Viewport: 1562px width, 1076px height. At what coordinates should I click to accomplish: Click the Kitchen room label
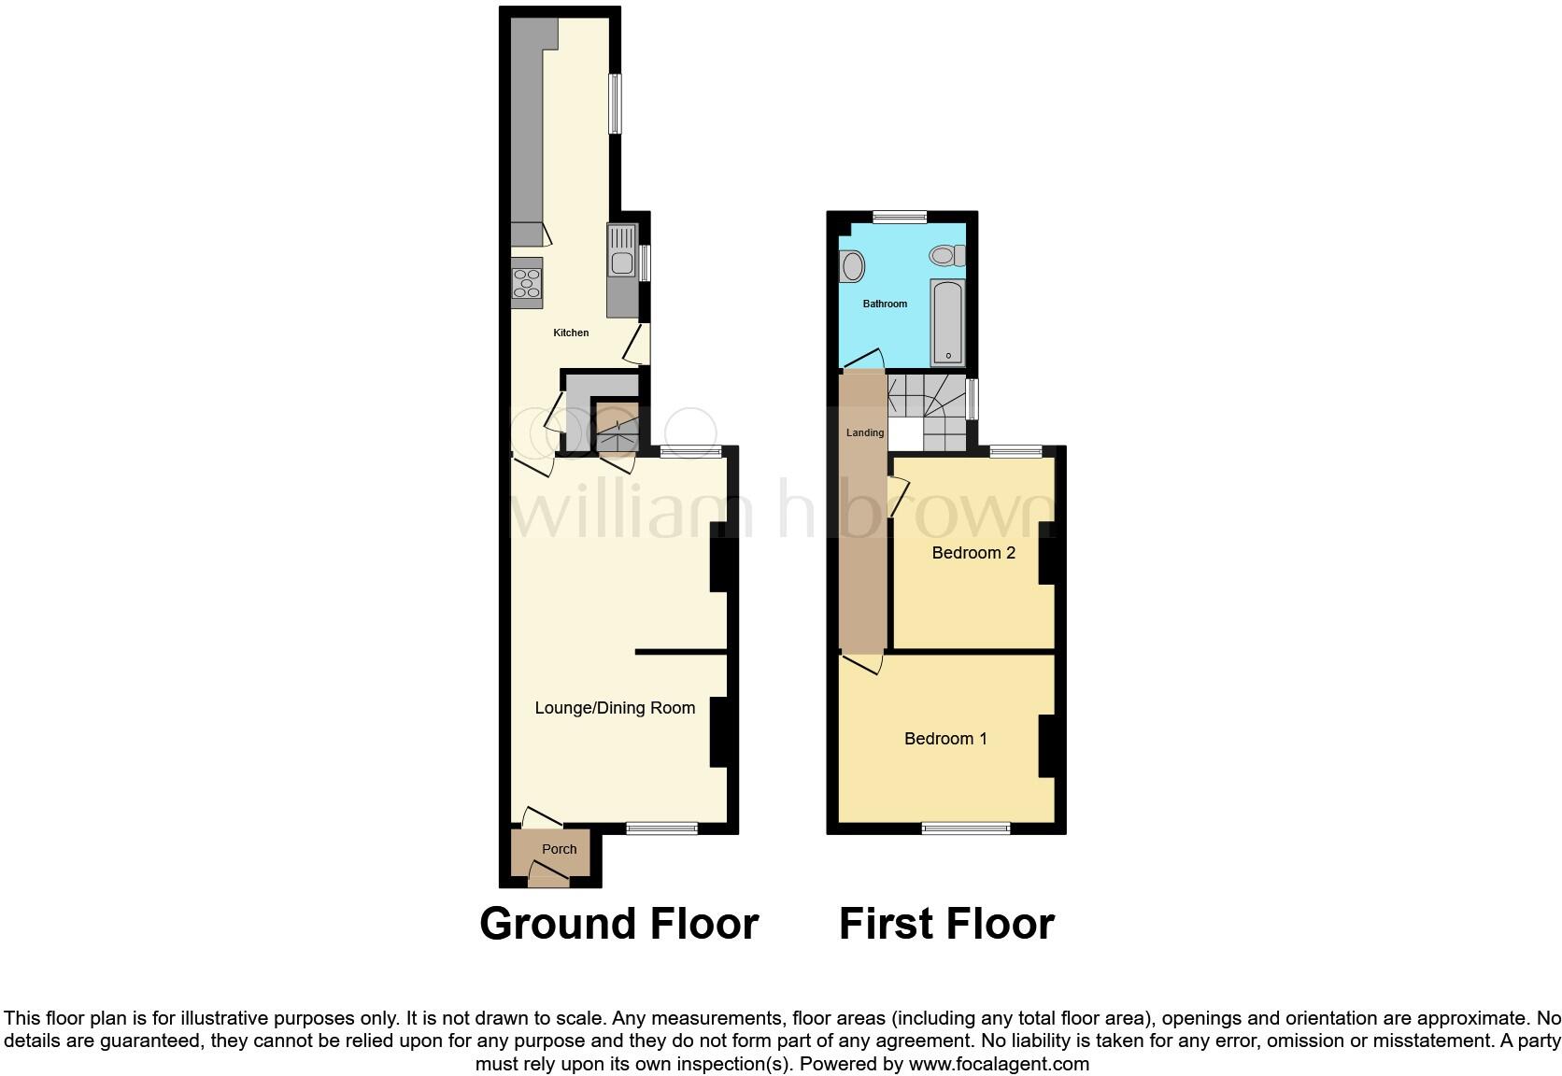(x=571, y=333)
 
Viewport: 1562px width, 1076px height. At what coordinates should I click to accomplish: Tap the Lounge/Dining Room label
(x=615, y=708)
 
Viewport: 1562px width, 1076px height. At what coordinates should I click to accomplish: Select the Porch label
(x=560, y=849)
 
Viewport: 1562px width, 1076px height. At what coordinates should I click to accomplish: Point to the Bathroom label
(x=885, y=304)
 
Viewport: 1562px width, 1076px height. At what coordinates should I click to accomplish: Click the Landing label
(x=865, y=432)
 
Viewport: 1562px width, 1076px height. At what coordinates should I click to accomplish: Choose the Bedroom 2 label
(x=973, y=553)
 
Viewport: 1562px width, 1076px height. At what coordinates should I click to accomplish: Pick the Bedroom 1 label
(x=945, y=739)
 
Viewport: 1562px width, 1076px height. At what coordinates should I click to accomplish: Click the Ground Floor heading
(x=618, y=924)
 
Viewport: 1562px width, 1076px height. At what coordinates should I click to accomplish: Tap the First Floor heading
(x=946, y=924)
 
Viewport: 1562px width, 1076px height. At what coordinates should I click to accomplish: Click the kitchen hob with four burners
(x=527, y=282)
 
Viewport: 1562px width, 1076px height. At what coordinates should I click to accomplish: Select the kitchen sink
(x=620, y=251)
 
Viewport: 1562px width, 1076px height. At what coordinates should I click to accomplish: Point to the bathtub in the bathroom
(x=948, y=321)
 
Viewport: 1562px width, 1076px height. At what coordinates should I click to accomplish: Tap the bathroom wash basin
(x=852, y=267)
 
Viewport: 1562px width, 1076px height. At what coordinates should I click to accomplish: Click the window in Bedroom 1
(x=966, y=828)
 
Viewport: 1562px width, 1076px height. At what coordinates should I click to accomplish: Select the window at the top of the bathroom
(x=900, y=218)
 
